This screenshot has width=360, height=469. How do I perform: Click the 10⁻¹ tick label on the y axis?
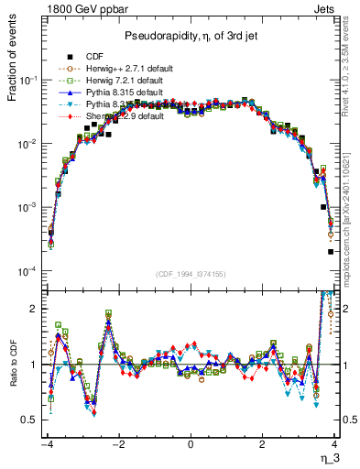(27, 82)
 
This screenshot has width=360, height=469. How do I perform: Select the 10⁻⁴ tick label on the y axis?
(27, 272)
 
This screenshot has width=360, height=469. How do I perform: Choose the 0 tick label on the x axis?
(190, 444)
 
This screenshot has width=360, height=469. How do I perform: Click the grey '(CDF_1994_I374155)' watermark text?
(189, 275)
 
